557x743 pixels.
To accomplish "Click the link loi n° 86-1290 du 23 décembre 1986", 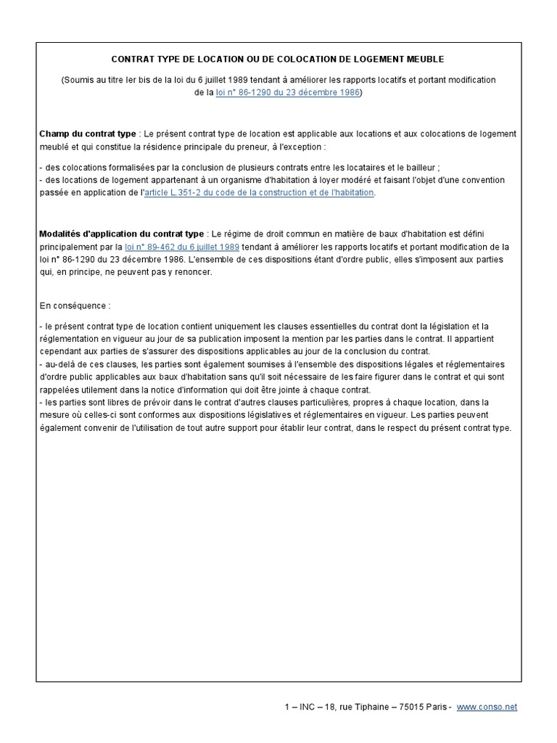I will point(288,93).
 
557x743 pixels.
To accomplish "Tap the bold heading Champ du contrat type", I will point(87,134).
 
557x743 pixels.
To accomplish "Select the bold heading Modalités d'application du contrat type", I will point(121,234).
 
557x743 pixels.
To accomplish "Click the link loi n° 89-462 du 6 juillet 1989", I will point(182,247).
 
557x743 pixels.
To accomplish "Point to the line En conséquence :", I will point(75,305).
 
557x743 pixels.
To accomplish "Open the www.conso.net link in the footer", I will point(487,707).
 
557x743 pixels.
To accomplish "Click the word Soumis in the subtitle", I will point(79,81).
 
